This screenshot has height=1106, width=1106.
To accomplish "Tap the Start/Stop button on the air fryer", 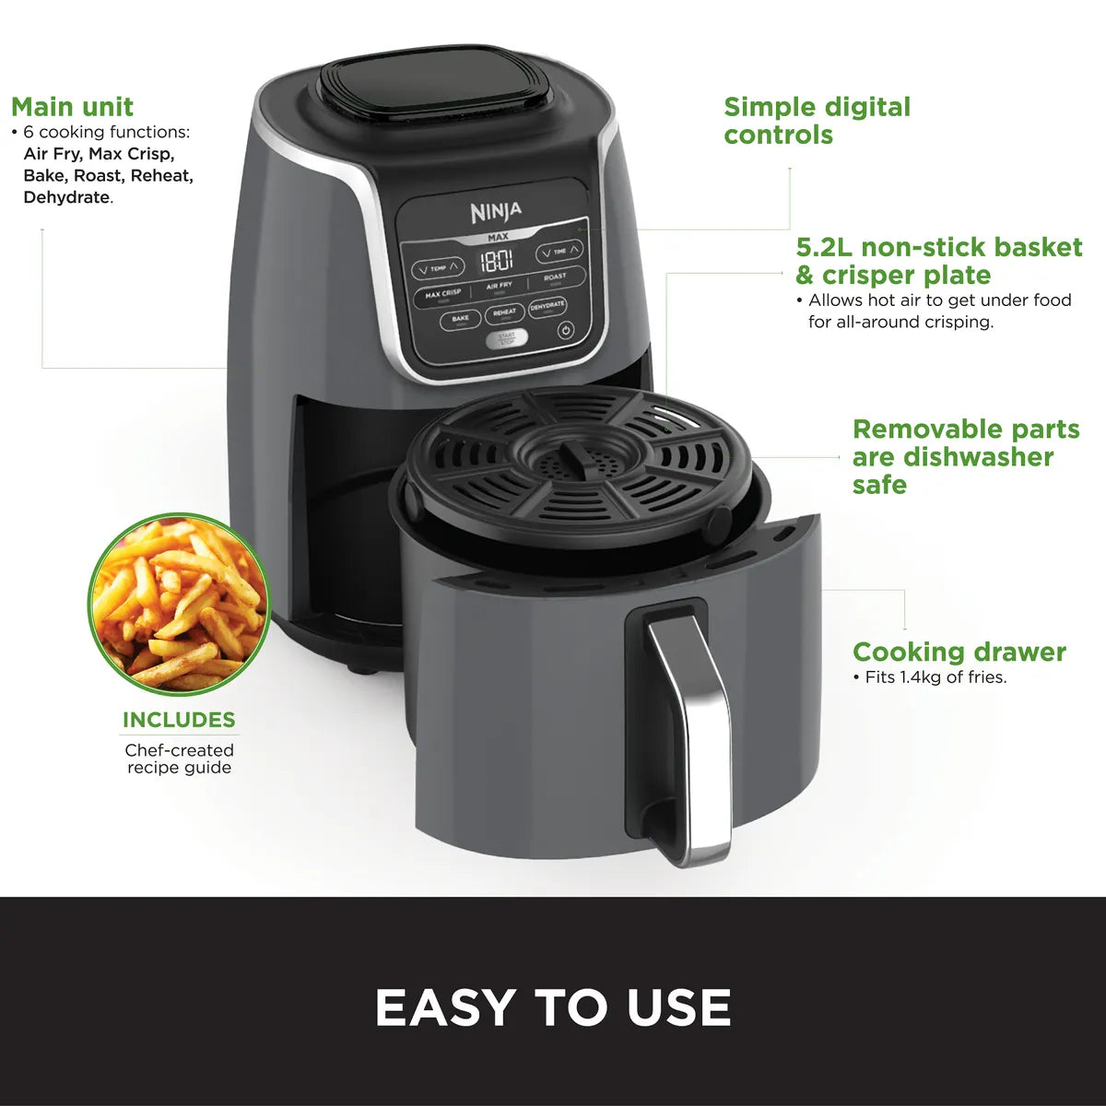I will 507,338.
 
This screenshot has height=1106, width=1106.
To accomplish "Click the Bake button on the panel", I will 460,319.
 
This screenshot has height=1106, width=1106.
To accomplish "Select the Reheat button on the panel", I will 504,313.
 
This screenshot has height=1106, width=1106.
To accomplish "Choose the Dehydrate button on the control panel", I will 547,306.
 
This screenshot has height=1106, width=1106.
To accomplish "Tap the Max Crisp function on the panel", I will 443,294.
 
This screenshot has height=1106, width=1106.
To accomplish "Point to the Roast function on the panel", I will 555,277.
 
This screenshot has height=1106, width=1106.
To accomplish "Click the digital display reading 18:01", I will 497,259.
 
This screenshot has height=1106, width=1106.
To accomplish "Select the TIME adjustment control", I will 559,251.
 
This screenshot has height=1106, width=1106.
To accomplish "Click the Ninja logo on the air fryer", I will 496,213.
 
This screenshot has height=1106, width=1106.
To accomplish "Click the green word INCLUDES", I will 179,720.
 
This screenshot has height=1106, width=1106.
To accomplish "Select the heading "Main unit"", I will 73,107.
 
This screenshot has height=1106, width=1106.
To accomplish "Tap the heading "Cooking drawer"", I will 959,653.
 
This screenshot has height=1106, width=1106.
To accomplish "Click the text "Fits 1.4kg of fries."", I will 935,677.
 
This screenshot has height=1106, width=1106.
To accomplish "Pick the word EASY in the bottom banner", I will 446,1007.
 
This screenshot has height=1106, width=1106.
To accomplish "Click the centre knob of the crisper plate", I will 573,454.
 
